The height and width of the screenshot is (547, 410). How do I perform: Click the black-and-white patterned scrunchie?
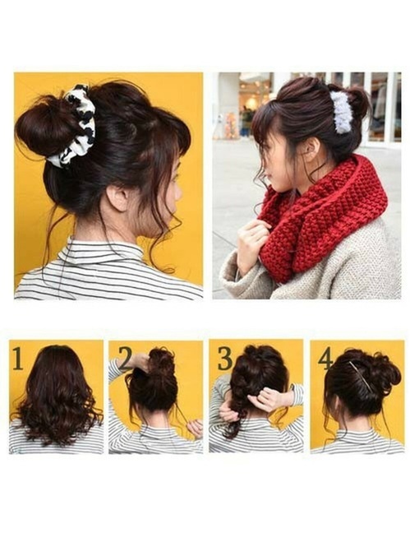77,126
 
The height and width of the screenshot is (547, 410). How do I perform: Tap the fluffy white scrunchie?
341,112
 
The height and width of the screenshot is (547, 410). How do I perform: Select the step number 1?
18,359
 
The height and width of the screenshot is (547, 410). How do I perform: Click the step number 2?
126,359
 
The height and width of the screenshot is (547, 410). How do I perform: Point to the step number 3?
225,359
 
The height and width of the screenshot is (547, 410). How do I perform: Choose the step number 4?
325,359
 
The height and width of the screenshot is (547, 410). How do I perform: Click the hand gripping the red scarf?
251,244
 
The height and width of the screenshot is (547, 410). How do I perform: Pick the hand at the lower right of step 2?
195,429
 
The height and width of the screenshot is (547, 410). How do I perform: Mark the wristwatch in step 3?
292,388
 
